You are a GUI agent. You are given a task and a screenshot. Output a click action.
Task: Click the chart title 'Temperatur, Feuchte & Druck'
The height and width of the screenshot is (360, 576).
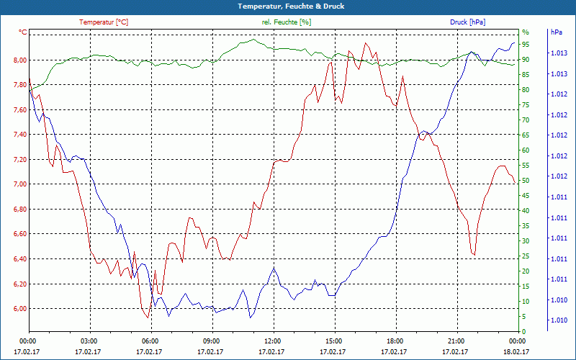pyautogui.click(x=288, y=6)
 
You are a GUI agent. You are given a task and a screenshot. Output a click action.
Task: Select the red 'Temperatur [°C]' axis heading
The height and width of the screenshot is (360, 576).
pyautogui.click(x=104, y=22)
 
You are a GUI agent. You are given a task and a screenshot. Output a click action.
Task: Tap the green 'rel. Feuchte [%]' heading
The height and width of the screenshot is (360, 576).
pyautogui.click(x=287, y=22)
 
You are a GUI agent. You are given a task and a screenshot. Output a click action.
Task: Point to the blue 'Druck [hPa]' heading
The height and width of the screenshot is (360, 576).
pyautogui.click(x=467, y=22)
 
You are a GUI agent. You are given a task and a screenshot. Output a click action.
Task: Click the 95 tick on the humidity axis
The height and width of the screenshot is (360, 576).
pyautogui.click(x=526, y=45)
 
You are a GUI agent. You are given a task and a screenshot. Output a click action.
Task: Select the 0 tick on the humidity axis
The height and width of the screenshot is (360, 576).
pyautogui.click(x=524, y=332)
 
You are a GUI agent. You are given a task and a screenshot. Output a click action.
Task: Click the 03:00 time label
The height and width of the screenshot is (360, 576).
pyautogui.click(x=89, y=340)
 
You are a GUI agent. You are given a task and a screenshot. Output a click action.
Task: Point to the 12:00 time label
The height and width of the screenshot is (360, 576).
pyautogui.click(x=273, y=340)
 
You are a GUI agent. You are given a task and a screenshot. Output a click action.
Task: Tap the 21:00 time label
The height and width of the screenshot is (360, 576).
pyautogui.click(x=456, y=340)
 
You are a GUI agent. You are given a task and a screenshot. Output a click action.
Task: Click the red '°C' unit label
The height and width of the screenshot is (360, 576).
pyautogui.click(x=23, y=32)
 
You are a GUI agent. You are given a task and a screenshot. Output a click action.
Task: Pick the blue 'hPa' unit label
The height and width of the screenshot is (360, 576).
pyautogui.click(x=557, y=32)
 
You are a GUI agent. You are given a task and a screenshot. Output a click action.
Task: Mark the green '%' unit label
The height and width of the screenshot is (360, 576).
pyautogui.click(x=525, y=32)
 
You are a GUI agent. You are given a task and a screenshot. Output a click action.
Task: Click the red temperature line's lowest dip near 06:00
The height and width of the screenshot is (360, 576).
pyautogui.click(x=147, y=317)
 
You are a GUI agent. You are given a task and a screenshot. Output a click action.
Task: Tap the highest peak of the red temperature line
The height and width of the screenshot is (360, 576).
pyautogui.click(x=366, y=43)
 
